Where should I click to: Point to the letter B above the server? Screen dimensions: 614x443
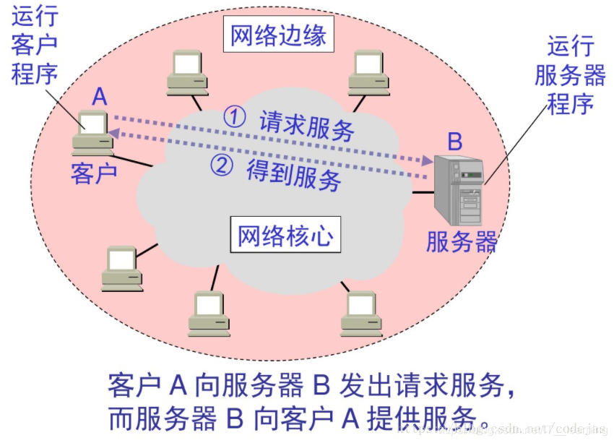pos(454,141)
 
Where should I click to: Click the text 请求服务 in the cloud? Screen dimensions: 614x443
pos(307,126)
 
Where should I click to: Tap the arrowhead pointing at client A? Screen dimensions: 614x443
pos(114,132)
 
